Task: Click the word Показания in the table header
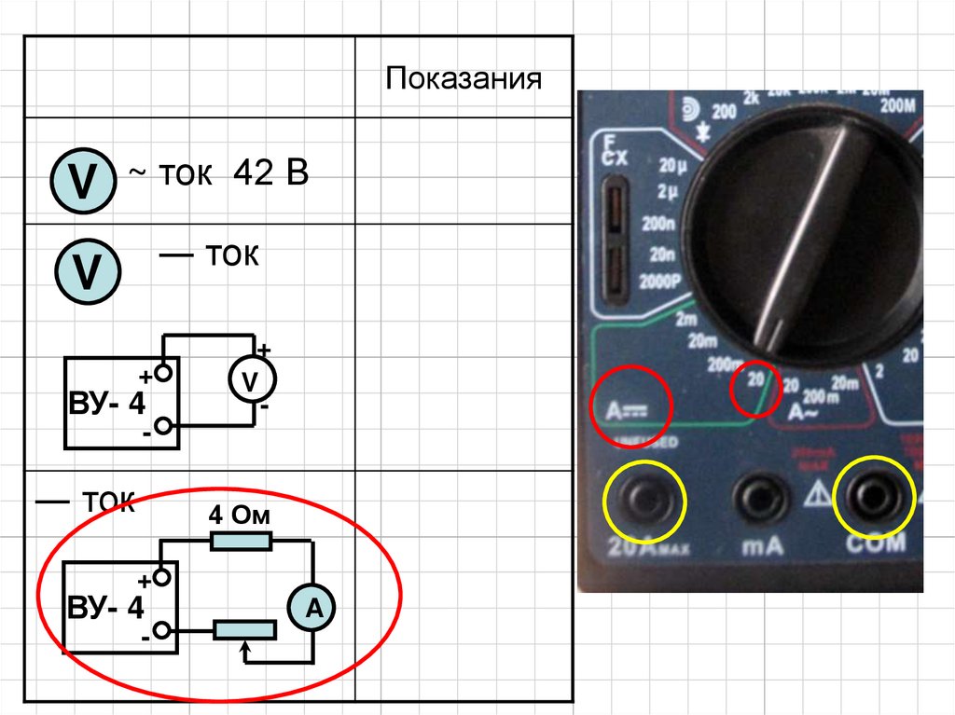[464, 77]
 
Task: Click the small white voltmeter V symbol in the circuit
[249, 381]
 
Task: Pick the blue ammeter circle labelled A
[314, 608]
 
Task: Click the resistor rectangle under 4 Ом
[241, 541]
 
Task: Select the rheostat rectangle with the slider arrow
[245, 630]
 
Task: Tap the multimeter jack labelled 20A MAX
[644, 503]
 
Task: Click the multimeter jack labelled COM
[875, 502]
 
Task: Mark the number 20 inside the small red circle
[754, 381]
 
